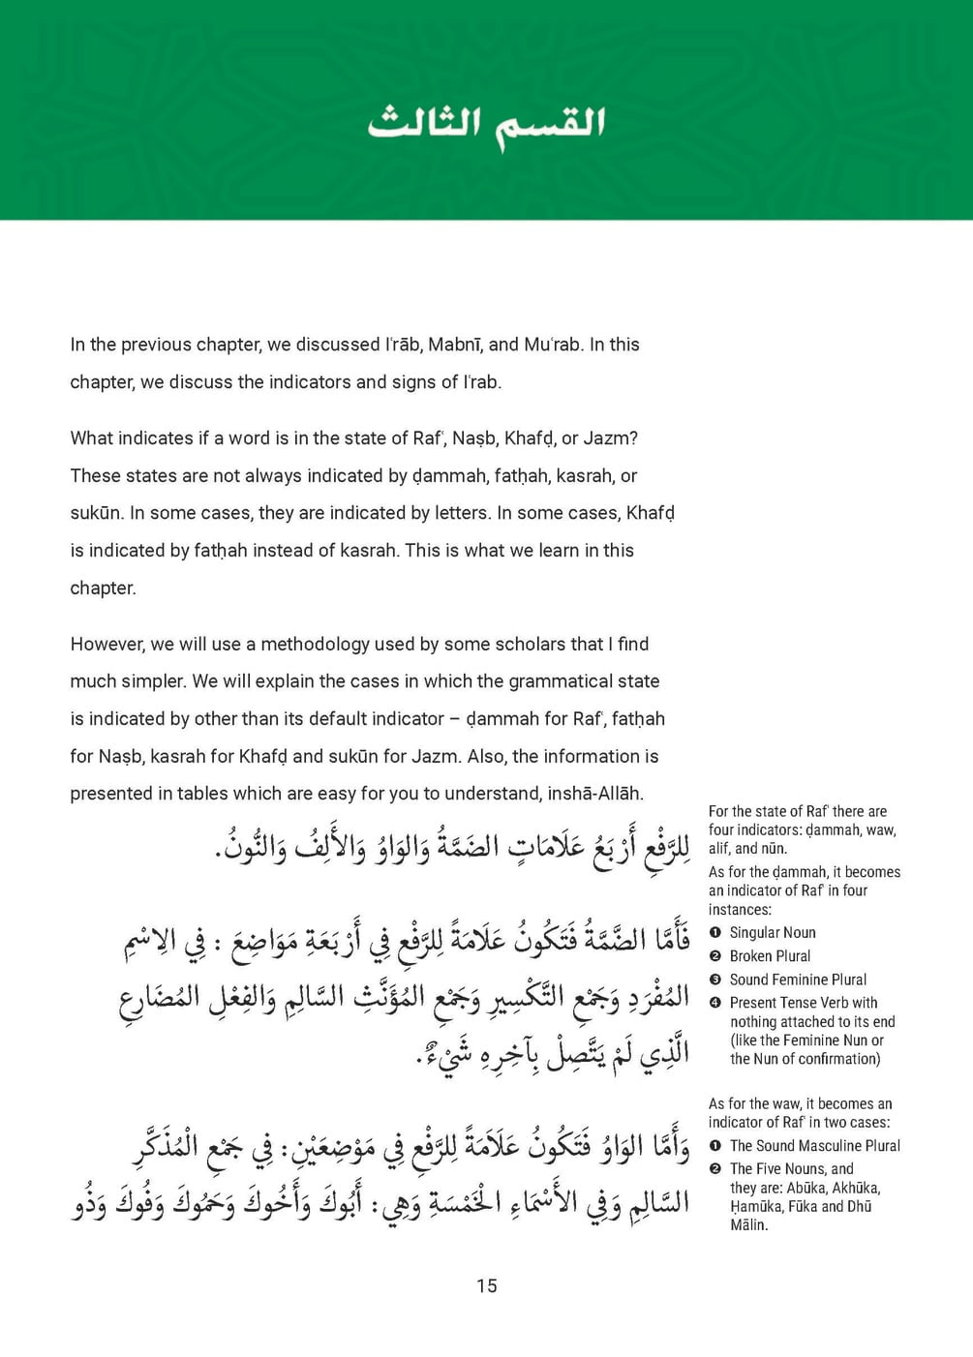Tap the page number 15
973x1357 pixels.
point(486,1285)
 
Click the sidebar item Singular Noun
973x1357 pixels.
point(773,933)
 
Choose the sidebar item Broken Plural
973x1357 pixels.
point(770,956)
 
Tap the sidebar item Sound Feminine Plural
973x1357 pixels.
point(798,980)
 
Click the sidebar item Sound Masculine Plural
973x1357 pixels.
point(814,1146)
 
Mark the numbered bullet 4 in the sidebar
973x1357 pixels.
point(715,1003)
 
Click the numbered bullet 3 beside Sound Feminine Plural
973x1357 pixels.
point(715,980)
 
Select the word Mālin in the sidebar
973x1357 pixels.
point(748,1225)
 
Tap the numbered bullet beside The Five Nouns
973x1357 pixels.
point(715,1169)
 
